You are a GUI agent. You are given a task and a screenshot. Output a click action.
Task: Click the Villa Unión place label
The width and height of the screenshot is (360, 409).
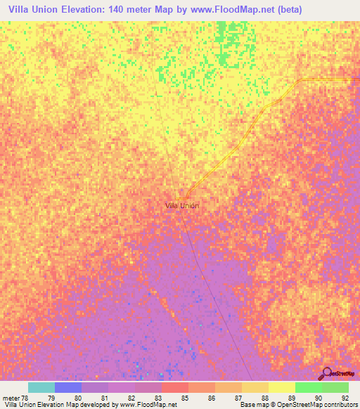point(181,205)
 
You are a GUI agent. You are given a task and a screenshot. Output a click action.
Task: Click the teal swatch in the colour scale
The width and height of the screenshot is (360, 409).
point(41,387)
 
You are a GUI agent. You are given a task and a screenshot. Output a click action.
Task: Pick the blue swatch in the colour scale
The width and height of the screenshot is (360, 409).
point(67,387)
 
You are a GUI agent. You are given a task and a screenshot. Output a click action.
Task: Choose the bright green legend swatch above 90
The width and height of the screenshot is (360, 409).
point(308,387)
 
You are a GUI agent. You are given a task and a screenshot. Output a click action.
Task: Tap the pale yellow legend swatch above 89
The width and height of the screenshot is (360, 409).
point(281,387)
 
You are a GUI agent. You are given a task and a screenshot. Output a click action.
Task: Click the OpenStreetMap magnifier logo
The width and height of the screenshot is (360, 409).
point(326,374)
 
